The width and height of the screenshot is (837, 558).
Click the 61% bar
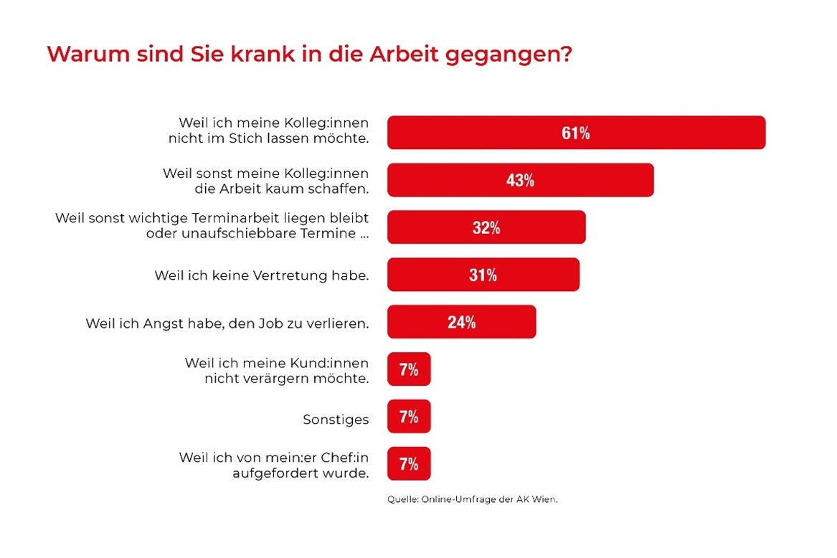pyautogui.click(x=577, y=133)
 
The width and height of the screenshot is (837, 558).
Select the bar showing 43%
pyautogui.click(x=521, y=180)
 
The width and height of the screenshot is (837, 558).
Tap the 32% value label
pyautogui.click(x=486, y=227)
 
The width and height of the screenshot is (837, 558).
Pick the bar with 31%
pyautogui.click(x=483, y=275)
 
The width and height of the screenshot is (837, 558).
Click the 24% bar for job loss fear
pyautogui.click(x=462, y=321)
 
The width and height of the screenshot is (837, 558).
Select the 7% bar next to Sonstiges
pyautogui.click(x=409, y=416)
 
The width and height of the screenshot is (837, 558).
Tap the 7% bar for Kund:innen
pyautogui.click(x=409, y=369)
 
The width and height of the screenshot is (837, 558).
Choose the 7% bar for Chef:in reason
pyautogui.click(x=409, y=463)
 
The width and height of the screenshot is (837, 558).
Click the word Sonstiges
pyautogui.click(x=336, y=420)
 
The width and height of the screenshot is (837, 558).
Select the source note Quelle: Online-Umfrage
pyautogui.click(x=473, y=499)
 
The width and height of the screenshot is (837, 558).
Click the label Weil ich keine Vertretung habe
pyautogui.click(x=262, y=275)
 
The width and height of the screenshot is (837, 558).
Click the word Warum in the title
pyautogui.click(x=88, y=54)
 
